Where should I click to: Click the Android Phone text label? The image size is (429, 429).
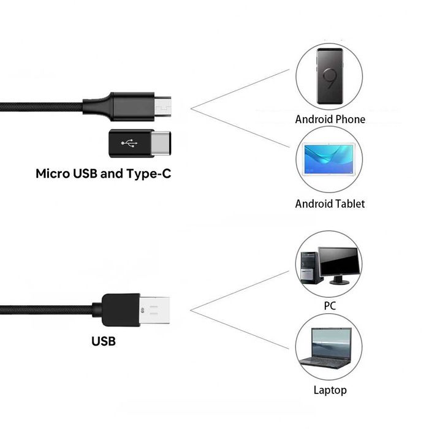(x=330, y=119)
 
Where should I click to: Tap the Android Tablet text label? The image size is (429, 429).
(x=330, y=203)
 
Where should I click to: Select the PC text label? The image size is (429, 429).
(x=330, y=305)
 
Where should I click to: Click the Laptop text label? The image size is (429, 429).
(x=330, y=390)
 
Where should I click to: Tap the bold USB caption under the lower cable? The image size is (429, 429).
(x=103, y=341)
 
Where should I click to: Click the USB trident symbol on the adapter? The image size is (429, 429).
(x=129, y=144)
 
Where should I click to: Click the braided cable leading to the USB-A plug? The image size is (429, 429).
(x=43, y=308)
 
